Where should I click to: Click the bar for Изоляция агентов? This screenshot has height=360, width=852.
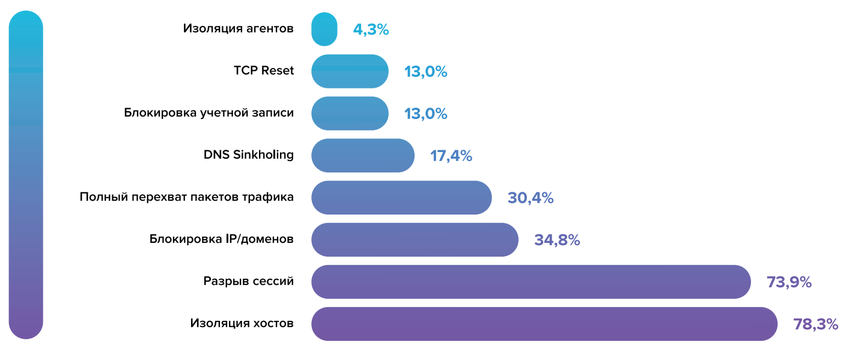324,29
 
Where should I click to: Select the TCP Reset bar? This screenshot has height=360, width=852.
350,72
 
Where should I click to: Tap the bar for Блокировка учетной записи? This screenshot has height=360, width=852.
350,114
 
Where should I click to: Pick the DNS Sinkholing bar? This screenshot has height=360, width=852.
363,156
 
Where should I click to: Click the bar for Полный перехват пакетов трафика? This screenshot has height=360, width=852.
401,198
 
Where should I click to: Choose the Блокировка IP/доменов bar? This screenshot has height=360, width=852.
415,240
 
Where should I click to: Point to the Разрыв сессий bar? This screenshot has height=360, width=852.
531,282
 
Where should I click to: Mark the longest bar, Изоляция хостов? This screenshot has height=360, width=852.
544,324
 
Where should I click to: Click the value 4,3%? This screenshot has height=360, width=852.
371,29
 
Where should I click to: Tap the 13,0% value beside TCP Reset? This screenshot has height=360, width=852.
425,72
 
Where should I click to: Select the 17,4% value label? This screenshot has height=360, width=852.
451,156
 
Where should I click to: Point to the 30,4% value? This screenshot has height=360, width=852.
530,198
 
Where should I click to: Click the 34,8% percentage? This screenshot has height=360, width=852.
556,240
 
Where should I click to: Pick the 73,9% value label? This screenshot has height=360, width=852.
789,282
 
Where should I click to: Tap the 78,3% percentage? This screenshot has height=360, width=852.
815,324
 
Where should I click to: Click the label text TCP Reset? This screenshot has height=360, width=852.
264,71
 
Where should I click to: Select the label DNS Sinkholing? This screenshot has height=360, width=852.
249,155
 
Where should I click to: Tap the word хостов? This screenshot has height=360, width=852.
273,323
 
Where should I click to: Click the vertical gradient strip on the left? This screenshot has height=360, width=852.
26,174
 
